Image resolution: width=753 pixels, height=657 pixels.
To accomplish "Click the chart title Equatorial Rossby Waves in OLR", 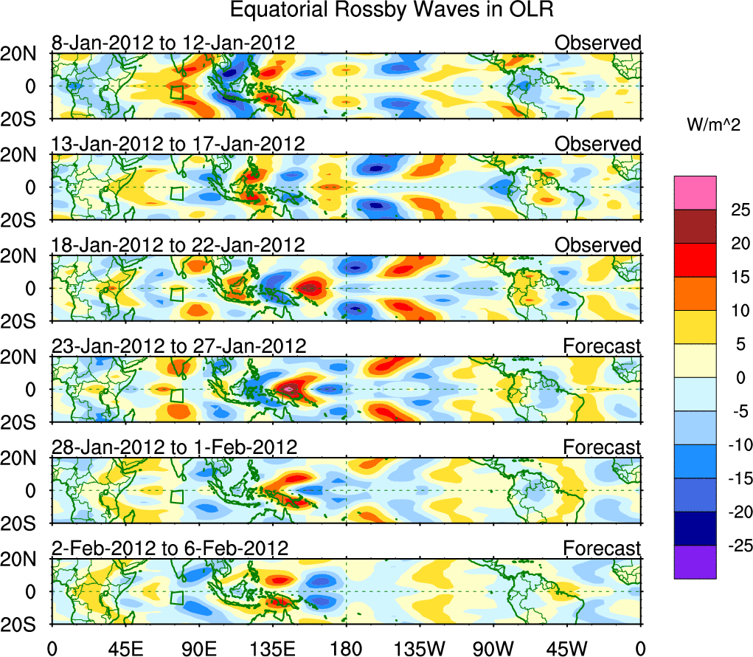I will coord(391,11).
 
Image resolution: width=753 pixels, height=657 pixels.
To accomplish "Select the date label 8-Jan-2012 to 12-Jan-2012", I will coord(173,43).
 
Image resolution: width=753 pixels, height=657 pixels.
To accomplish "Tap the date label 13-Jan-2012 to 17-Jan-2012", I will coord(178,143).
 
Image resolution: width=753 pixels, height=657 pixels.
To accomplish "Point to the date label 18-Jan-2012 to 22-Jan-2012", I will coord(178,244).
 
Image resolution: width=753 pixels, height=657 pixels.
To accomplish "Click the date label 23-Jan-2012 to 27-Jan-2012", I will coord(178,345).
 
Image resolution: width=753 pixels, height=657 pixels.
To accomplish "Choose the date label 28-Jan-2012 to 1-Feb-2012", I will coord(174,447).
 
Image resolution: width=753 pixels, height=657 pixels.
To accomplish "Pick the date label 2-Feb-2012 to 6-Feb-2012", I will coord(170,548).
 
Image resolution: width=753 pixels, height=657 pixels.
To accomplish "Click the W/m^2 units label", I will coord(713,126).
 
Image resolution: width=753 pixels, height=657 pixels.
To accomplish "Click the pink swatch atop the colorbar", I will coord(695,193).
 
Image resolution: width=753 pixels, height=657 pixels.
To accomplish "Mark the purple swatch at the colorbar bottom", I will coord(695,562).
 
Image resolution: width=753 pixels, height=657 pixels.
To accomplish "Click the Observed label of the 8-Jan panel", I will coord(597,43).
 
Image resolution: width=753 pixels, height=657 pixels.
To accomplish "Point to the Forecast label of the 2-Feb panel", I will coord(602,548).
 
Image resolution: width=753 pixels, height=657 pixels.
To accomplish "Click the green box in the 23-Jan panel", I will coord(177,395).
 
